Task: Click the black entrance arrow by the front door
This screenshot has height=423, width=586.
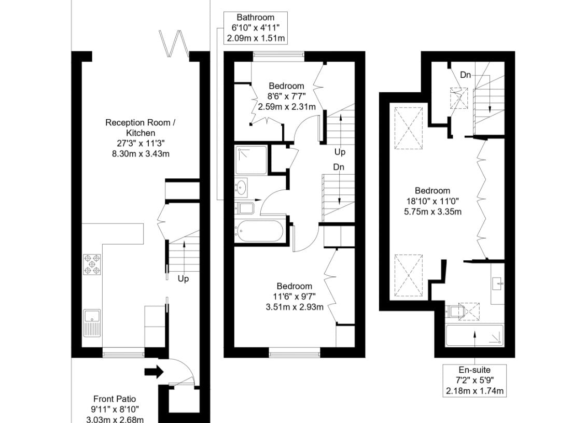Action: (154, 372)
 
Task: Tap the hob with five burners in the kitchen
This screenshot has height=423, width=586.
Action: (92, 264)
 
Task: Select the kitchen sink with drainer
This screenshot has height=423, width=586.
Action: (92, 323)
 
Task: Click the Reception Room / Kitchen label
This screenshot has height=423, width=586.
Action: (141, 138)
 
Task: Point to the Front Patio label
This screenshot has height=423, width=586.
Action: (115, 409)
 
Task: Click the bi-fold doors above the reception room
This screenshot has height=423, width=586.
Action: (174, 42)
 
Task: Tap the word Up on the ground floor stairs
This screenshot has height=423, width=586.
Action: (183, 279)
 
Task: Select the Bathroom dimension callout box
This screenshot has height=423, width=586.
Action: (256, 27)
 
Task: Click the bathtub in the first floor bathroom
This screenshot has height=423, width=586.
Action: (260, 231)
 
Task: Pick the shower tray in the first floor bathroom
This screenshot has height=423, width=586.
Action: (251, 160)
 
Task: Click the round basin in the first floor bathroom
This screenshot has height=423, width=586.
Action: (242, 187)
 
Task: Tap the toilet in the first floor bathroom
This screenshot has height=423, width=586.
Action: (245, 208)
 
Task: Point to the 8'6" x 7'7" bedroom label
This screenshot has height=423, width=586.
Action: (287, 96)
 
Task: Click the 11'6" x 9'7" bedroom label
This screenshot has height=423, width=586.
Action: (295, 297)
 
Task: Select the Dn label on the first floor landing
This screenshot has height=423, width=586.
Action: (339, 167)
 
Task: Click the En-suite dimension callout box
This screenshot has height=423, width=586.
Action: (475, 380)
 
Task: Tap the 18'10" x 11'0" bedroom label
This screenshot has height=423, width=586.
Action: (433, 201)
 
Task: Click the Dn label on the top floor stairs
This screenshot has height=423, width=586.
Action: (465, 75)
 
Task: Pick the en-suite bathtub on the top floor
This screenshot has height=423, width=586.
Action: (475, 335)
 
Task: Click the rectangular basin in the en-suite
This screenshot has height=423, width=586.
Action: (498, 284)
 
